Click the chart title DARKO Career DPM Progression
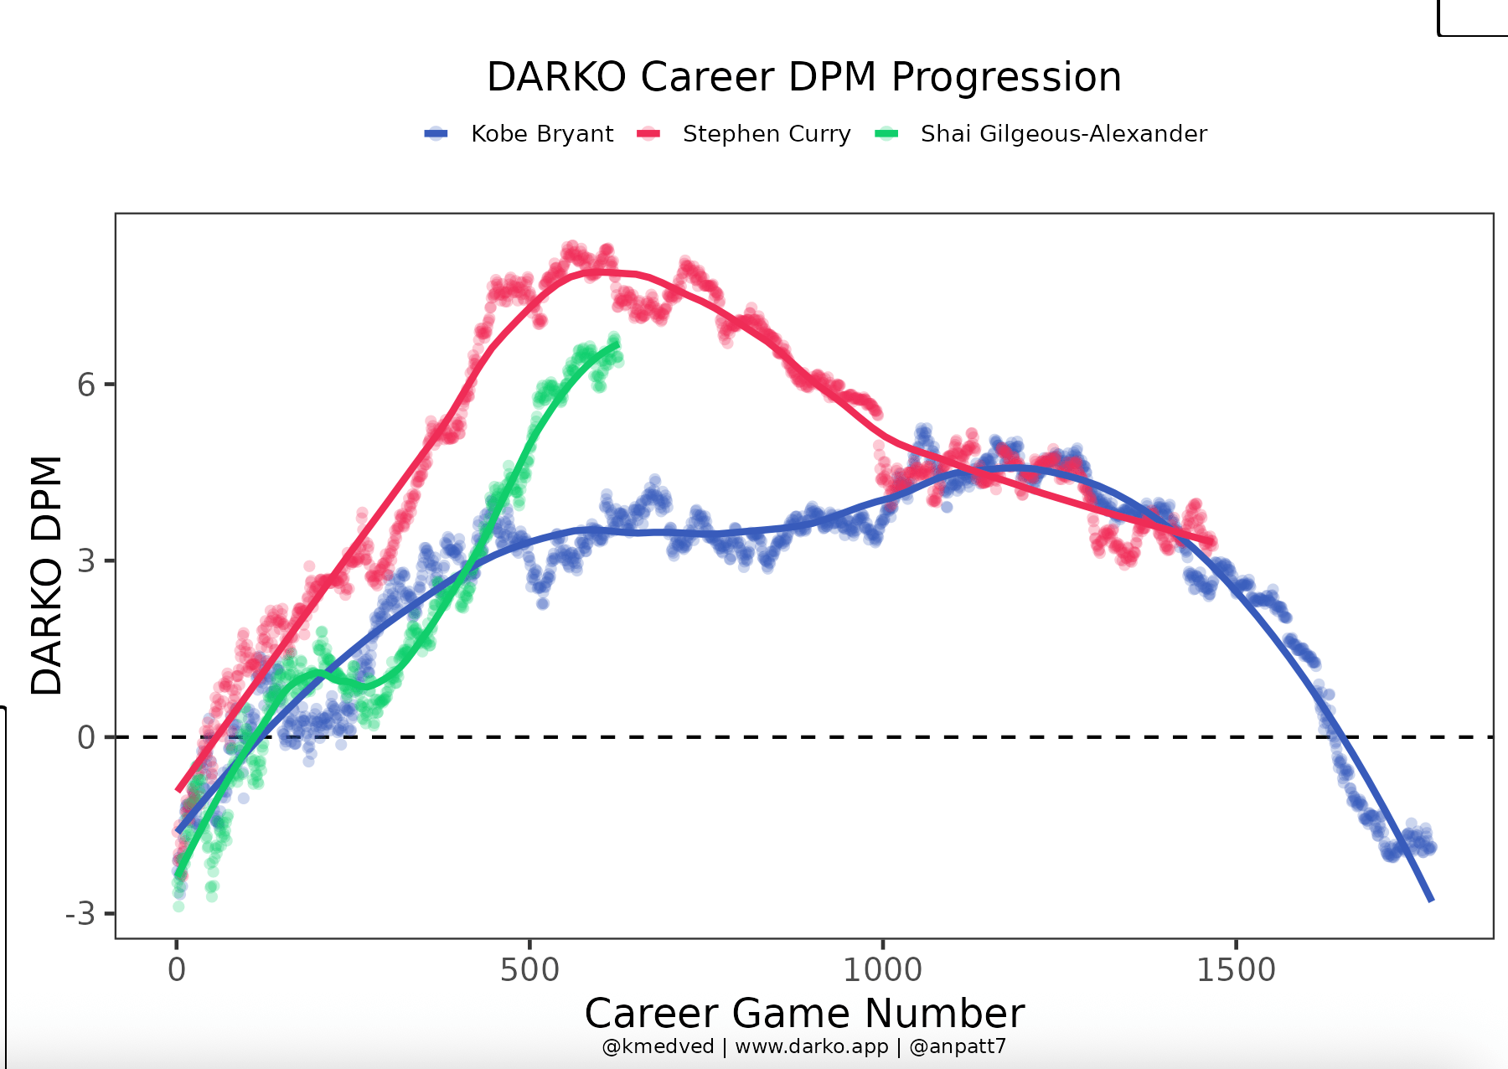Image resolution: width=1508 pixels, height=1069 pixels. [803, 77]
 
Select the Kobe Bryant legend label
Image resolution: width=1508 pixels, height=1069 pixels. [542, 134]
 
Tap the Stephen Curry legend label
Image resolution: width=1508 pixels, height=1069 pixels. [767, 134]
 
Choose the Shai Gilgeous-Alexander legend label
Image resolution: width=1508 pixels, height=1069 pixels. [1063, 134]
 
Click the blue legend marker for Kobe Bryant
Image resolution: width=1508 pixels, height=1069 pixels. [436, 134]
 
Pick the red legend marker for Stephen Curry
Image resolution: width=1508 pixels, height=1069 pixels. [649, 134]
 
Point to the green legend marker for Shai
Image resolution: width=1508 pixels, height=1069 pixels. [886, 134]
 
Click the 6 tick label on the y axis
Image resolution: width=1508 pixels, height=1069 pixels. [86, 385]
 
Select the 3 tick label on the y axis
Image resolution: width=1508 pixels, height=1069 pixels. [86, 561]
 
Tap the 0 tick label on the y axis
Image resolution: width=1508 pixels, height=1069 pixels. [86, 737]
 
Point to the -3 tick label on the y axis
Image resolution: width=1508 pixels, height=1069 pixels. [80, 914]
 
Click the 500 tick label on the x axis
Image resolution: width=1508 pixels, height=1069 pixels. [529, 970]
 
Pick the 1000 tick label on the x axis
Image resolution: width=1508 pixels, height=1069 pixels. [882, 970]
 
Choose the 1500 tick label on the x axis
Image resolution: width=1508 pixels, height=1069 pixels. [1236, 970]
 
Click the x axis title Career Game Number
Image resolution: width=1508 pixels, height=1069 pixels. [804, 1014]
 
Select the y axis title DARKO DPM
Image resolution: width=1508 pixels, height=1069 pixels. [47, 576]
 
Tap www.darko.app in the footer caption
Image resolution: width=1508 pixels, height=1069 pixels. [811, 1047]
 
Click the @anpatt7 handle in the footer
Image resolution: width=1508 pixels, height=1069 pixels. [958, 1047]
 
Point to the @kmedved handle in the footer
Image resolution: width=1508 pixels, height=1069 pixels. [658, 1047]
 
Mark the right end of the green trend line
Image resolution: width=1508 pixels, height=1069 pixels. [617, 344]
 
